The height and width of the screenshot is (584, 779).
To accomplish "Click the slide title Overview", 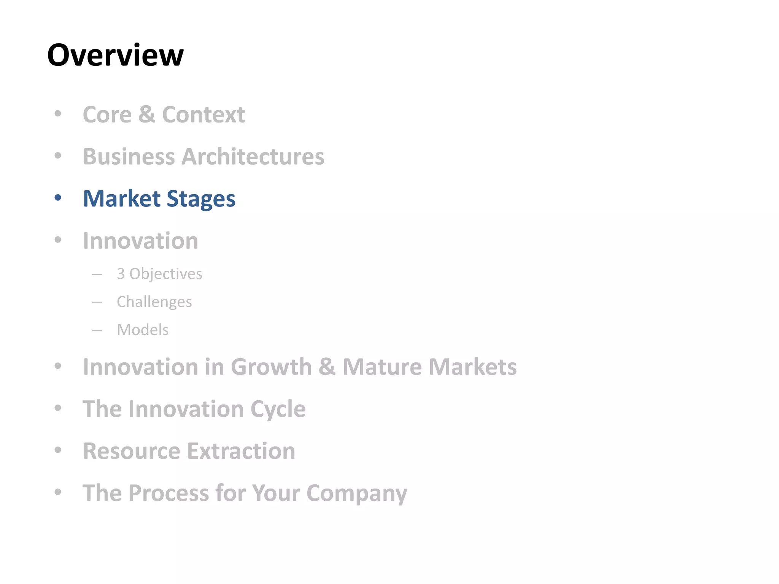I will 115,55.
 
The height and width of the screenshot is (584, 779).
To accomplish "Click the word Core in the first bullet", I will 107,114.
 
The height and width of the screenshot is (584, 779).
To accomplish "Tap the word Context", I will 203,114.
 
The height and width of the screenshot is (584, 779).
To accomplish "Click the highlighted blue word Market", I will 122,198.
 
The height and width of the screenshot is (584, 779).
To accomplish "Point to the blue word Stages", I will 201,199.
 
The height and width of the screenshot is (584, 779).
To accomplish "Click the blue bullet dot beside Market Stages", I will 58,198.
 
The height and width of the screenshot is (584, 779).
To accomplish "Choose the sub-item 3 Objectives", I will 159,274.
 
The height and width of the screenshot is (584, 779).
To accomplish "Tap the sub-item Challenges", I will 154,302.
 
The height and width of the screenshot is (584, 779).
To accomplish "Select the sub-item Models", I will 143,330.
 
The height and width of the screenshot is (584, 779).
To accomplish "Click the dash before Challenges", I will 97,303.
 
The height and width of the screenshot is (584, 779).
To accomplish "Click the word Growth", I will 271,367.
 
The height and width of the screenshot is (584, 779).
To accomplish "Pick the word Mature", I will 382,367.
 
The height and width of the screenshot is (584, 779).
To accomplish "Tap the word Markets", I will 473,367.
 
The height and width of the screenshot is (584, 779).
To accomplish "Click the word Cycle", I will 278,409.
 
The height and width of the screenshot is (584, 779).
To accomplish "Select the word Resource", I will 132,451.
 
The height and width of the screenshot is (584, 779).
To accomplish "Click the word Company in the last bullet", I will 357,494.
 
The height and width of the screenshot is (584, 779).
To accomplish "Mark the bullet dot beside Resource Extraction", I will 58,450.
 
